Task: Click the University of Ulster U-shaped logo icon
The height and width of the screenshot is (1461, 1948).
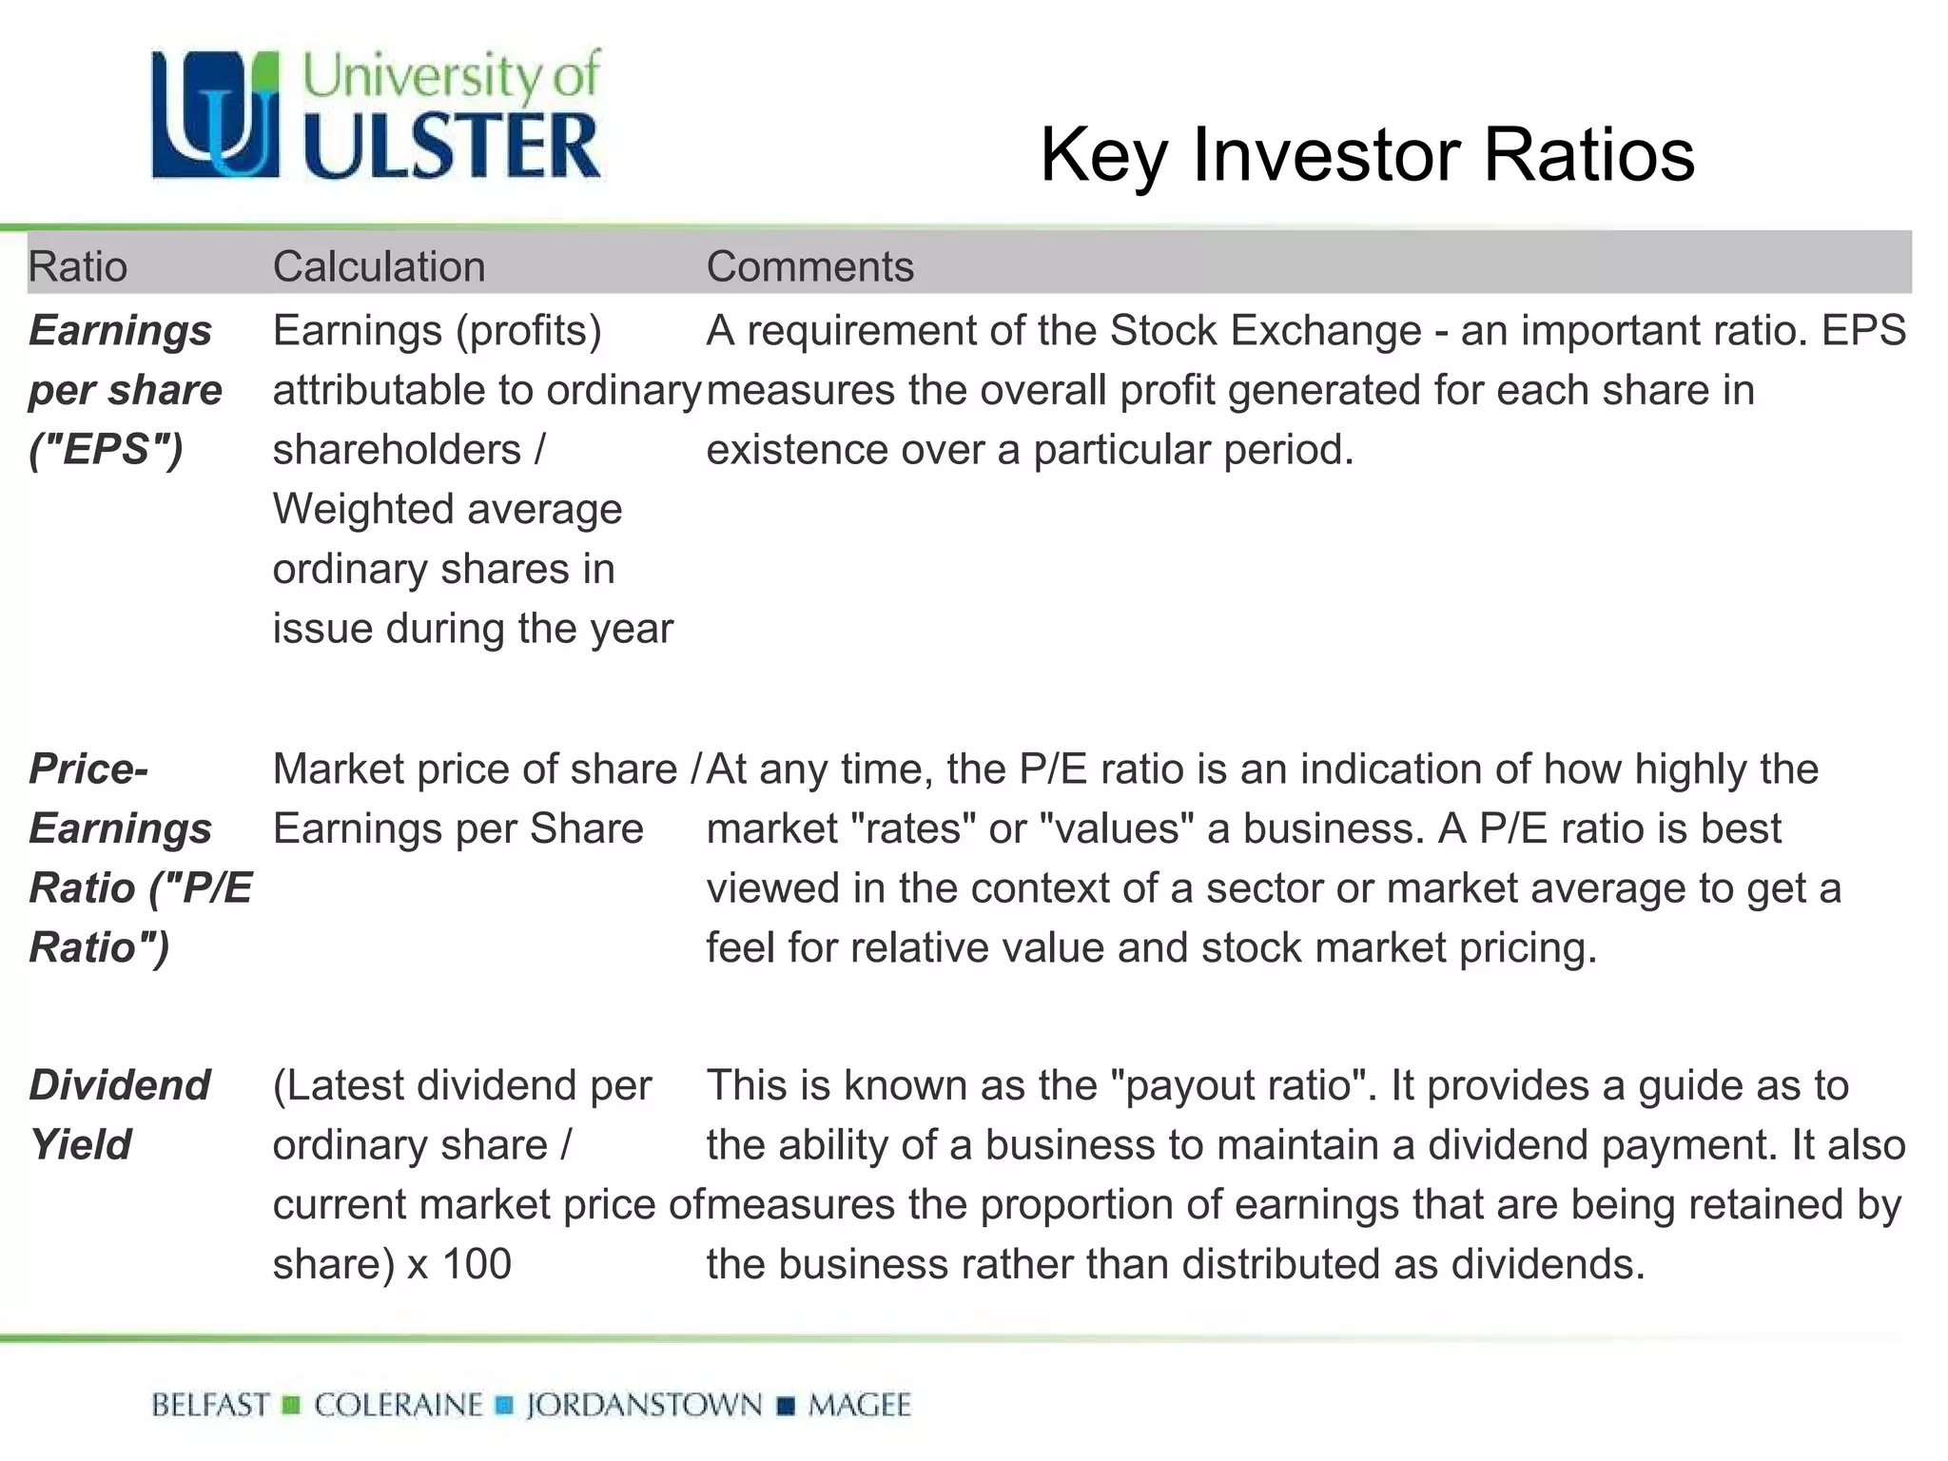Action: [216, 115]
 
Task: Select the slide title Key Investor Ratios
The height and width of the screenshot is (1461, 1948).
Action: [1367, 154]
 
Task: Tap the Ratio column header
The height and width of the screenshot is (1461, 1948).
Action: [77, 266]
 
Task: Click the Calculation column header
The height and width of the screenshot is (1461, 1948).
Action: [379, 266]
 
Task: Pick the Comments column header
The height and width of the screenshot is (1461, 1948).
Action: [809, 266]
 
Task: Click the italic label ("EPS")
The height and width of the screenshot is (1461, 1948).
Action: [106, 449]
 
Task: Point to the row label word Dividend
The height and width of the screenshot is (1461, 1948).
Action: [119, 1084]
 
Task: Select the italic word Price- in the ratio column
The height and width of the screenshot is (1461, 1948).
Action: [88, 769]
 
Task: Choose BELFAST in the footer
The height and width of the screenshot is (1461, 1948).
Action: [210, 1405]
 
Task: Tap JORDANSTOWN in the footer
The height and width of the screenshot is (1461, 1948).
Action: [644, 1405]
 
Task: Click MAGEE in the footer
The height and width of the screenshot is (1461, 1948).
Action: [859, 1405]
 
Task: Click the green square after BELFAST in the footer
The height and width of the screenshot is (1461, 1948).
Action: [292, 1405]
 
